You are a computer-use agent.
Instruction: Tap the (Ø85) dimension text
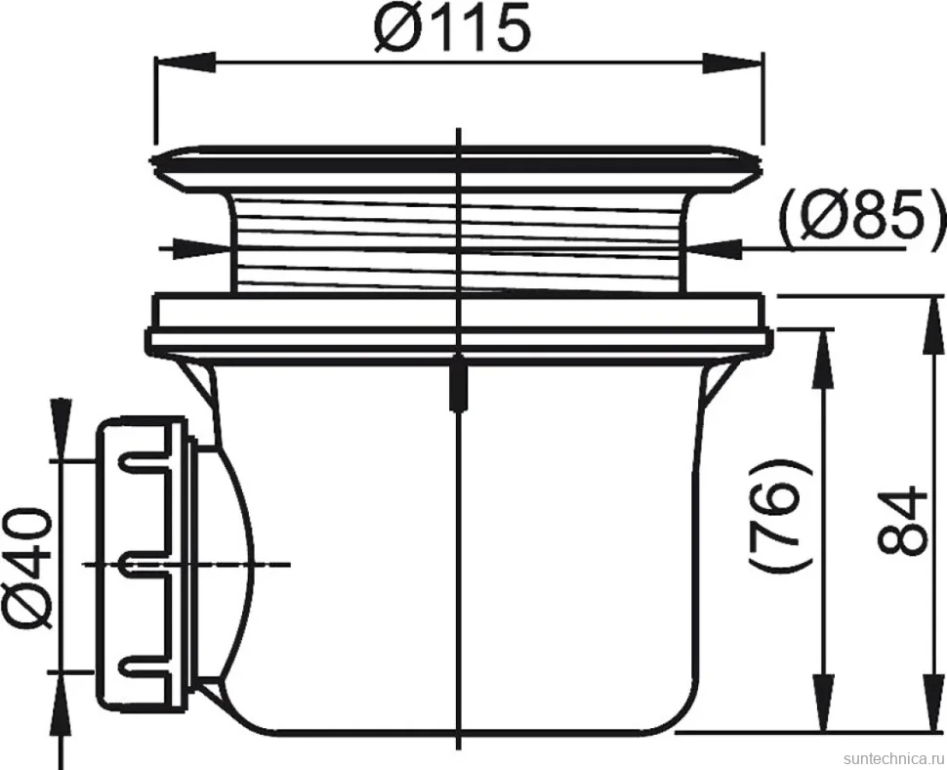click(x=861, y=216)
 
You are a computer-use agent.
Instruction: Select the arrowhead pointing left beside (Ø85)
click(x=712, y=248)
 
